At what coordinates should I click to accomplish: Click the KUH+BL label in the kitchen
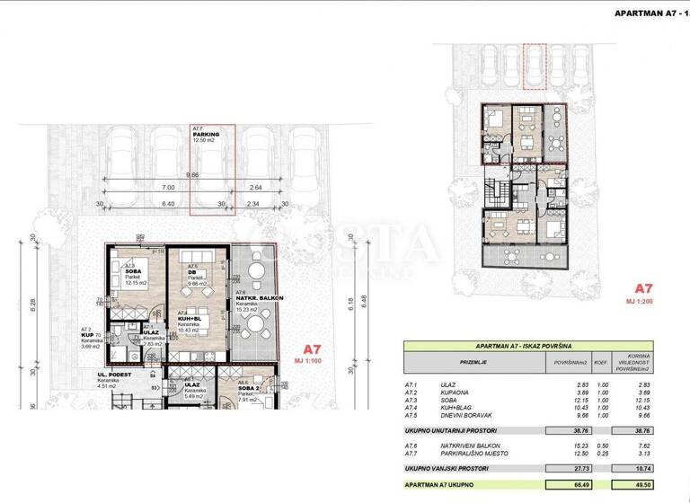[x=190, y=319]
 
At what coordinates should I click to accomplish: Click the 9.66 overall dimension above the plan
[x=192, y=175]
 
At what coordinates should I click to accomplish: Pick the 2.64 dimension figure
[x=255, y=189]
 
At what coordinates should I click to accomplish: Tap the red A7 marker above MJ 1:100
[x=311, y=349]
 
